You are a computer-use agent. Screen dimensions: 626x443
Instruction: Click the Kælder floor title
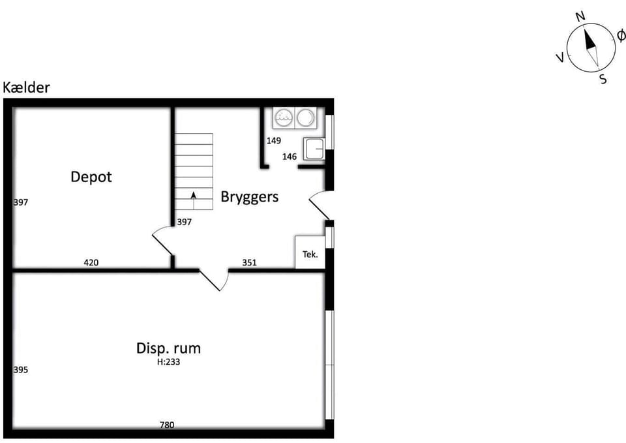[26, 87]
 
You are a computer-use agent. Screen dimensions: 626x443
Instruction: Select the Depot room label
[91, 177]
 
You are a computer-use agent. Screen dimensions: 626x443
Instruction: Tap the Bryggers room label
[250, 197]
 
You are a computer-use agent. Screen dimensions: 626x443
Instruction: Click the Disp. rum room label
[168, 348]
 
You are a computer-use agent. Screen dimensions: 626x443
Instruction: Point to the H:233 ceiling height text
[168, 362]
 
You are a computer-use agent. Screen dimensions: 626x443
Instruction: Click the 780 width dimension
[167, 425]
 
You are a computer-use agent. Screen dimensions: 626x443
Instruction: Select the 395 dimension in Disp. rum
[21, 370]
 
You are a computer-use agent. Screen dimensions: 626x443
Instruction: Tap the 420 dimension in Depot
[91, 262]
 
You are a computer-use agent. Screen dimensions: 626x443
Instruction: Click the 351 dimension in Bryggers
[250, 262]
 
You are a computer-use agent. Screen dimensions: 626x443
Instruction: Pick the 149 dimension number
[274, 141]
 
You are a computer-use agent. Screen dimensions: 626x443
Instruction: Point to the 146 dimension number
[290, 157]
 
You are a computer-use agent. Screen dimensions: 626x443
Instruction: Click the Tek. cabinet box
[310, 252]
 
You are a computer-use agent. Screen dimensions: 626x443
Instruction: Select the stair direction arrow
[194, 200]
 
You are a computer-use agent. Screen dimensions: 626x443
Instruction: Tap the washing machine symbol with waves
[284, 118]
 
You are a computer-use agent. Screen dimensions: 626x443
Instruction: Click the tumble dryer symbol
[306, 118]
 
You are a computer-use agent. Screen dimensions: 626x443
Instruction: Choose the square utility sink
[314, 149]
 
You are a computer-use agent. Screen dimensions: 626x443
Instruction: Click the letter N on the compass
[580, 16]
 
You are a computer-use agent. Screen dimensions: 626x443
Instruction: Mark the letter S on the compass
[603, 79]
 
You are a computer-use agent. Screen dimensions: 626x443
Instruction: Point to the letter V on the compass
[561, 58]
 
